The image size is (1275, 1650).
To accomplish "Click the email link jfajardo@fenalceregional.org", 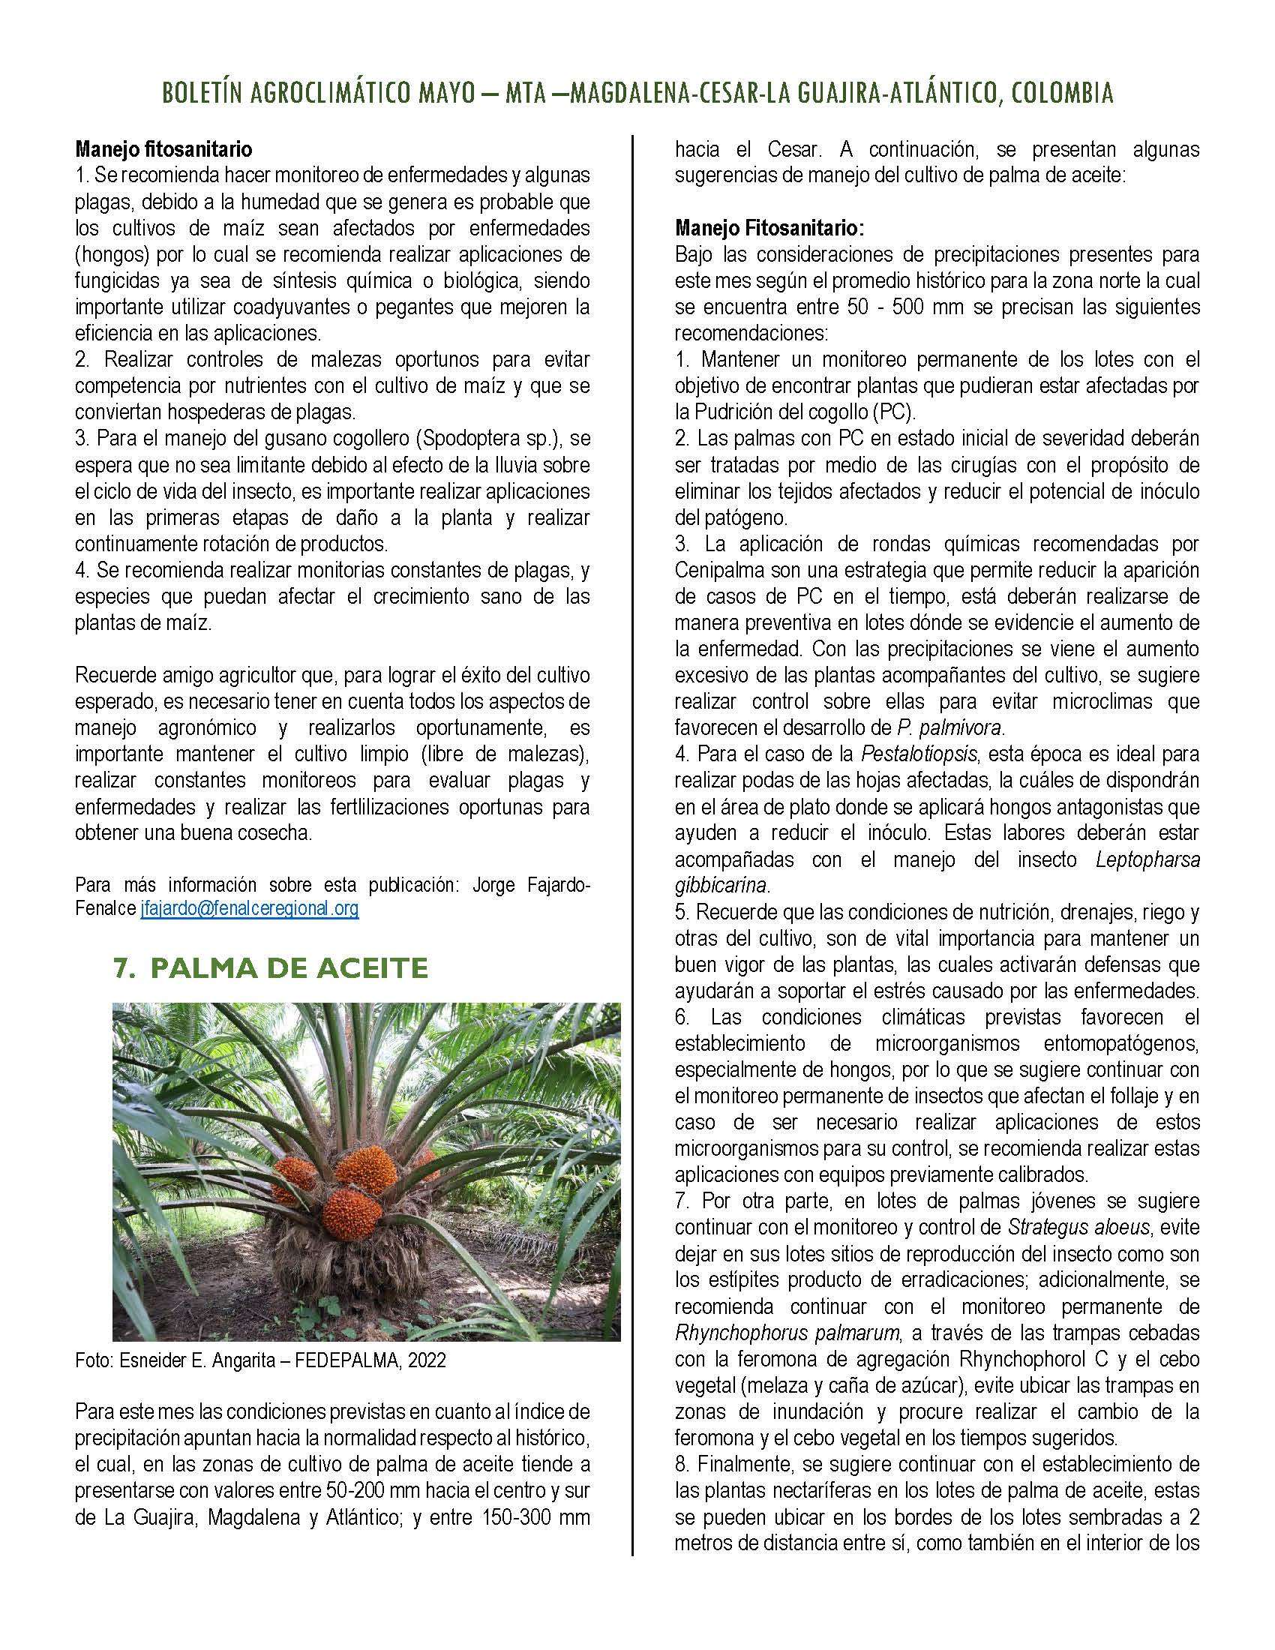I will pyautogui.click(x=249, y=909).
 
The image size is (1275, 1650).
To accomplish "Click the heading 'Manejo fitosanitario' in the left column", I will pyautogui.click(x=163, y=148).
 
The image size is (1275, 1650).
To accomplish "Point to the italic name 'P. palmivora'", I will pyautogui.click(x=949, y=727).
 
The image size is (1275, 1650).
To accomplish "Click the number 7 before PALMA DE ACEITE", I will pyautogui.click(x=120, y=967).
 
